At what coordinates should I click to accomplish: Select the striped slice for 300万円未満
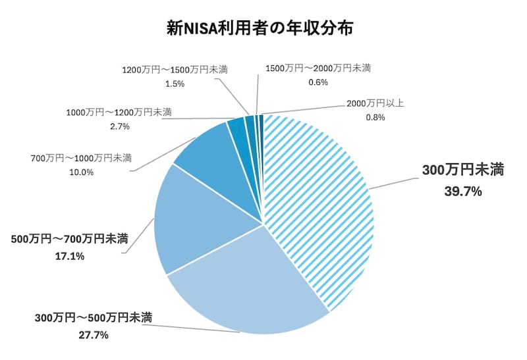tap(316, 204)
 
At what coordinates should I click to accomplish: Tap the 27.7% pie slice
tap(244, 283)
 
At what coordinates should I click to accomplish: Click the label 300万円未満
tap(463, 170)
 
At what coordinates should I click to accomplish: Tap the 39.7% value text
tap(464, 192)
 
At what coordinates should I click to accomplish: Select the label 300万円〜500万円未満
tap(94, 319)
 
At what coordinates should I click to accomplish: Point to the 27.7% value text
tap(93, 335)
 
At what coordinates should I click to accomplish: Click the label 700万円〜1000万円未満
tap(81, 159)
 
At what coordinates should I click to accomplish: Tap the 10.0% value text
tap(81, 172)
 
